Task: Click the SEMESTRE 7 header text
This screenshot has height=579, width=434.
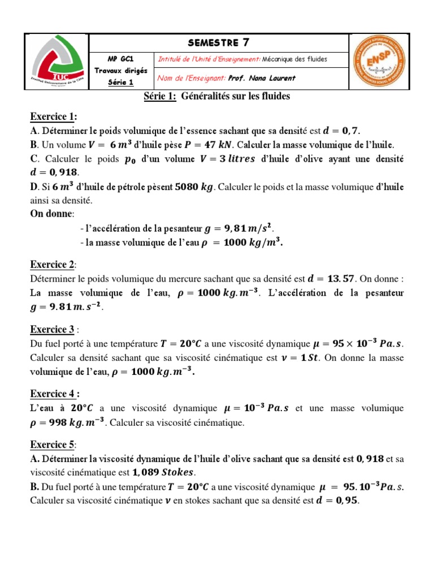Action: [219, 42]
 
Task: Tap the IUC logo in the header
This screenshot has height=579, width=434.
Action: [57, 62]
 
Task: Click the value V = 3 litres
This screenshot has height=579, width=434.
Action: [227, 159]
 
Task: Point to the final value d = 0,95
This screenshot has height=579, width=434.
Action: [337, 501]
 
